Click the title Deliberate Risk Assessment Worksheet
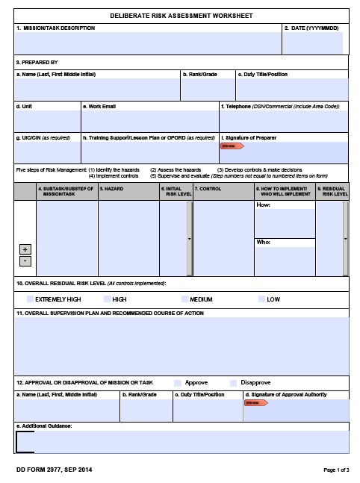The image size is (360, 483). pos(181,15)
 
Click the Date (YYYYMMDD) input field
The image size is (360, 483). pos(314,43)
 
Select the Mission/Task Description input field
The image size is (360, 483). pos(148,43)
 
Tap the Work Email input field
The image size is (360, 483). pos(149,121)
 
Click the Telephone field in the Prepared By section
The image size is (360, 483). pos(283,121)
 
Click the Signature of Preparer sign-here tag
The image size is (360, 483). pos(229,146)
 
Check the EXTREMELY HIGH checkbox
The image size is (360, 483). pos(30,299)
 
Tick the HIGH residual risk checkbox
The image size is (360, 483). pos(107,299)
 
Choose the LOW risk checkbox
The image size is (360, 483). pos(261,299)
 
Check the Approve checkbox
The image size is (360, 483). pos(178,382)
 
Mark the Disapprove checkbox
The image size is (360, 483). pos(234,382)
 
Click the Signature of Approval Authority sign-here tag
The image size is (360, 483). pos(255,403)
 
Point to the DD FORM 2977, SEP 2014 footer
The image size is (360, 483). pos(53,470)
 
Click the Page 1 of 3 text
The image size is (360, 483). pos(335,470)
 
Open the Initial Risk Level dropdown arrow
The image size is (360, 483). pos(189,239)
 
